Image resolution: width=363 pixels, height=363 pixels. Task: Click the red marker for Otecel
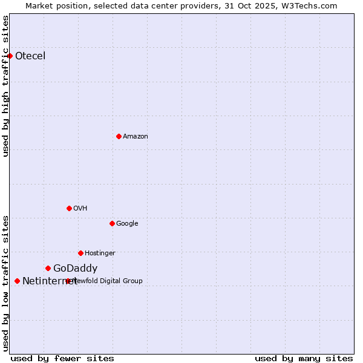coord(10,56)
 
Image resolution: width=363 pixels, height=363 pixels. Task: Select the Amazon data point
coord(119,136)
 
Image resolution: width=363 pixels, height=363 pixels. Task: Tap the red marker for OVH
coord(69,208)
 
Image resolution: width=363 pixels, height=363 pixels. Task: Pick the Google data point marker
coord(112,223)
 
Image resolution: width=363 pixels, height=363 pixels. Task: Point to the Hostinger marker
coord(80,253)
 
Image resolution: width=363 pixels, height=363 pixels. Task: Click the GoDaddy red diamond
coord(48,268)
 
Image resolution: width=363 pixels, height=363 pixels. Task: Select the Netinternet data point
coord(17,281)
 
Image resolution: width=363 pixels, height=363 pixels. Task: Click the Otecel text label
coord(30,56)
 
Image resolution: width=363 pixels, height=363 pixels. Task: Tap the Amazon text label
coord(136,137)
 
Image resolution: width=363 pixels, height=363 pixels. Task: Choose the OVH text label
coord(80,209)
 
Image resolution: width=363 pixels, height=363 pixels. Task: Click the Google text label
coord(127,224)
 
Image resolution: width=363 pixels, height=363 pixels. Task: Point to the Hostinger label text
coord(100,253)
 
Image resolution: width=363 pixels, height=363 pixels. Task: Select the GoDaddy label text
coord(75,269)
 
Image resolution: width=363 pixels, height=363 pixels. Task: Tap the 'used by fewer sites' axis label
coord(62,358)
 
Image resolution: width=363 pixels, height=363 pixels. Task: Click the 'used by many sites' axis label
coord(304,358)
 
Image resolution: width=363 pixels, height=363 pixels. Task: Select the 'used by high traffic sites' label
coord(5,86)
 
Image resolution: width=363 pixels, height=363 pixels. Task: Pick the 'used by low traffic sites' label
coord(5,283)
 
